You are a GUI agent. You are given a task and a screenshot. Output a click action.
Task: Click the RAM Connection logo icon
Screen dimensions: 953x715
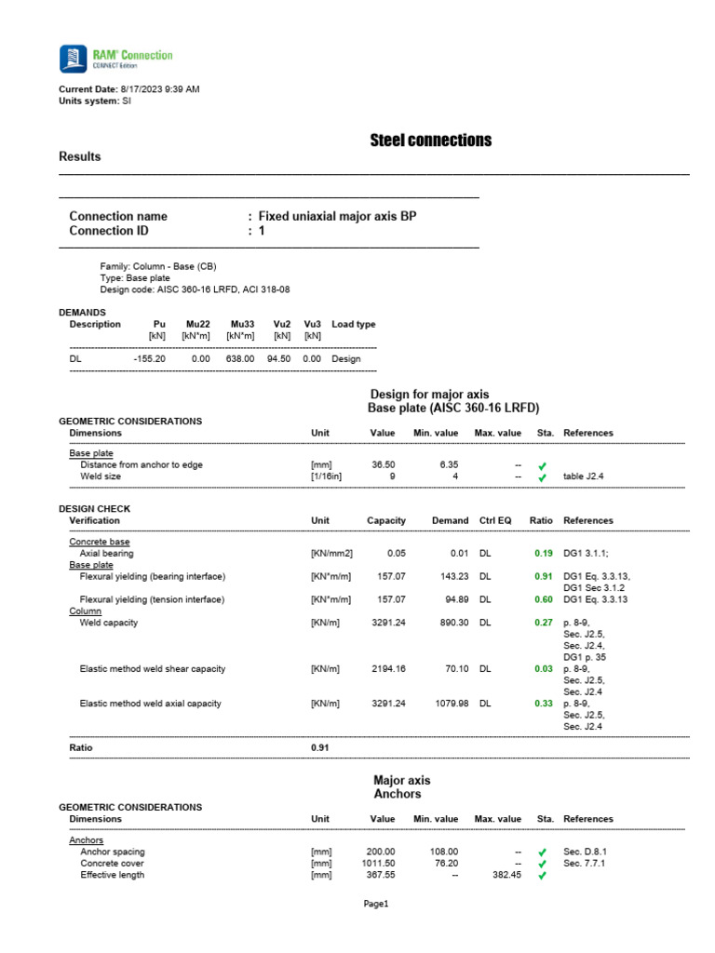click(74, 59)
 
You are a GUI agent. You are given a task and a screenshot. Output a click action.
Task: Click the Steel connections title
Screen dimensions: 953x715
click(430, 141)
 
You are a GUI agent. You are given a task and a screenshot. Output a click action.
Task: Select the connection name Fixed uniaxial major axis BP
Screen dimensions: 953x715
click(337, 216)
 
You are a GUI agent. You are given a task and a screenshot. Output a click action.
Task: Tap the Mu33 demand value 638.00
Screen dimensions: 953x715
click(241, 358)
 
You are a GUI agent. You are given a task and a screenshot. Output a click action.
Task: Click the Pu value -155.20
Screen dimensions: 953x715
click(149, 358)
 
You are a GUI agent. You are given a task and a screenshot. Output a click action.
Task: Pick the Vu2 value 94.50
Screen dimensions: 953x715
click(278, 358)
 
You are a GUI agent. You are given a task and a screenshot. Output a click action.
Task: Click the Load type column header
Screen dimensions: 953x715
click(354, 325)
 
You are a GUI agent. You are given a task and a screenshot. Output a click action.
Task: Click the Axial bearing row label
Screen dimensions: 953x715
click(107, 554)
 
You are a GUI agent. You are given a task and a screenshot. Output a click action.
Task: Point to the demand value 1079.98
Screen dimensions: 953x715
click(450, 704)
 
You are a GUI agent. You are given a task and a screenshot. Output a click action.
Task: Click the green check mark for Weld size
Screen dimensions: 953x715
click(542, 477)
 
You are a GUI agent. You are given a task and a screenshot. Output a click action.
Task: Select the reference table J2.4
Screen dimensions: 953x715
click(587, 476)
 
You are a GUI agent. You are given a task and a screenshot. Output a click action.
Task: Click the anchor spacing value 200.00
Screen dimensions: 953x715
click(383, 852)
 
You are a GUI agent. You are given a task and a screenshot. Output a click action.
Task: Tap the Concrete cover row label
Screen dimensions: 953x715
click(112, 864)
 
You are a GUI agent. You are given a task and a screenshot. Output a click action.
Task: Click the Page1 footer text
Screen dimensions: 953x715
click(376, 904)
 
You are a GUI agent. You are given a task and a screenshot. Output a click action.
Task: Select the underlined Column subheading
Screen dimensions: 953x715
click(85, 611)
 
